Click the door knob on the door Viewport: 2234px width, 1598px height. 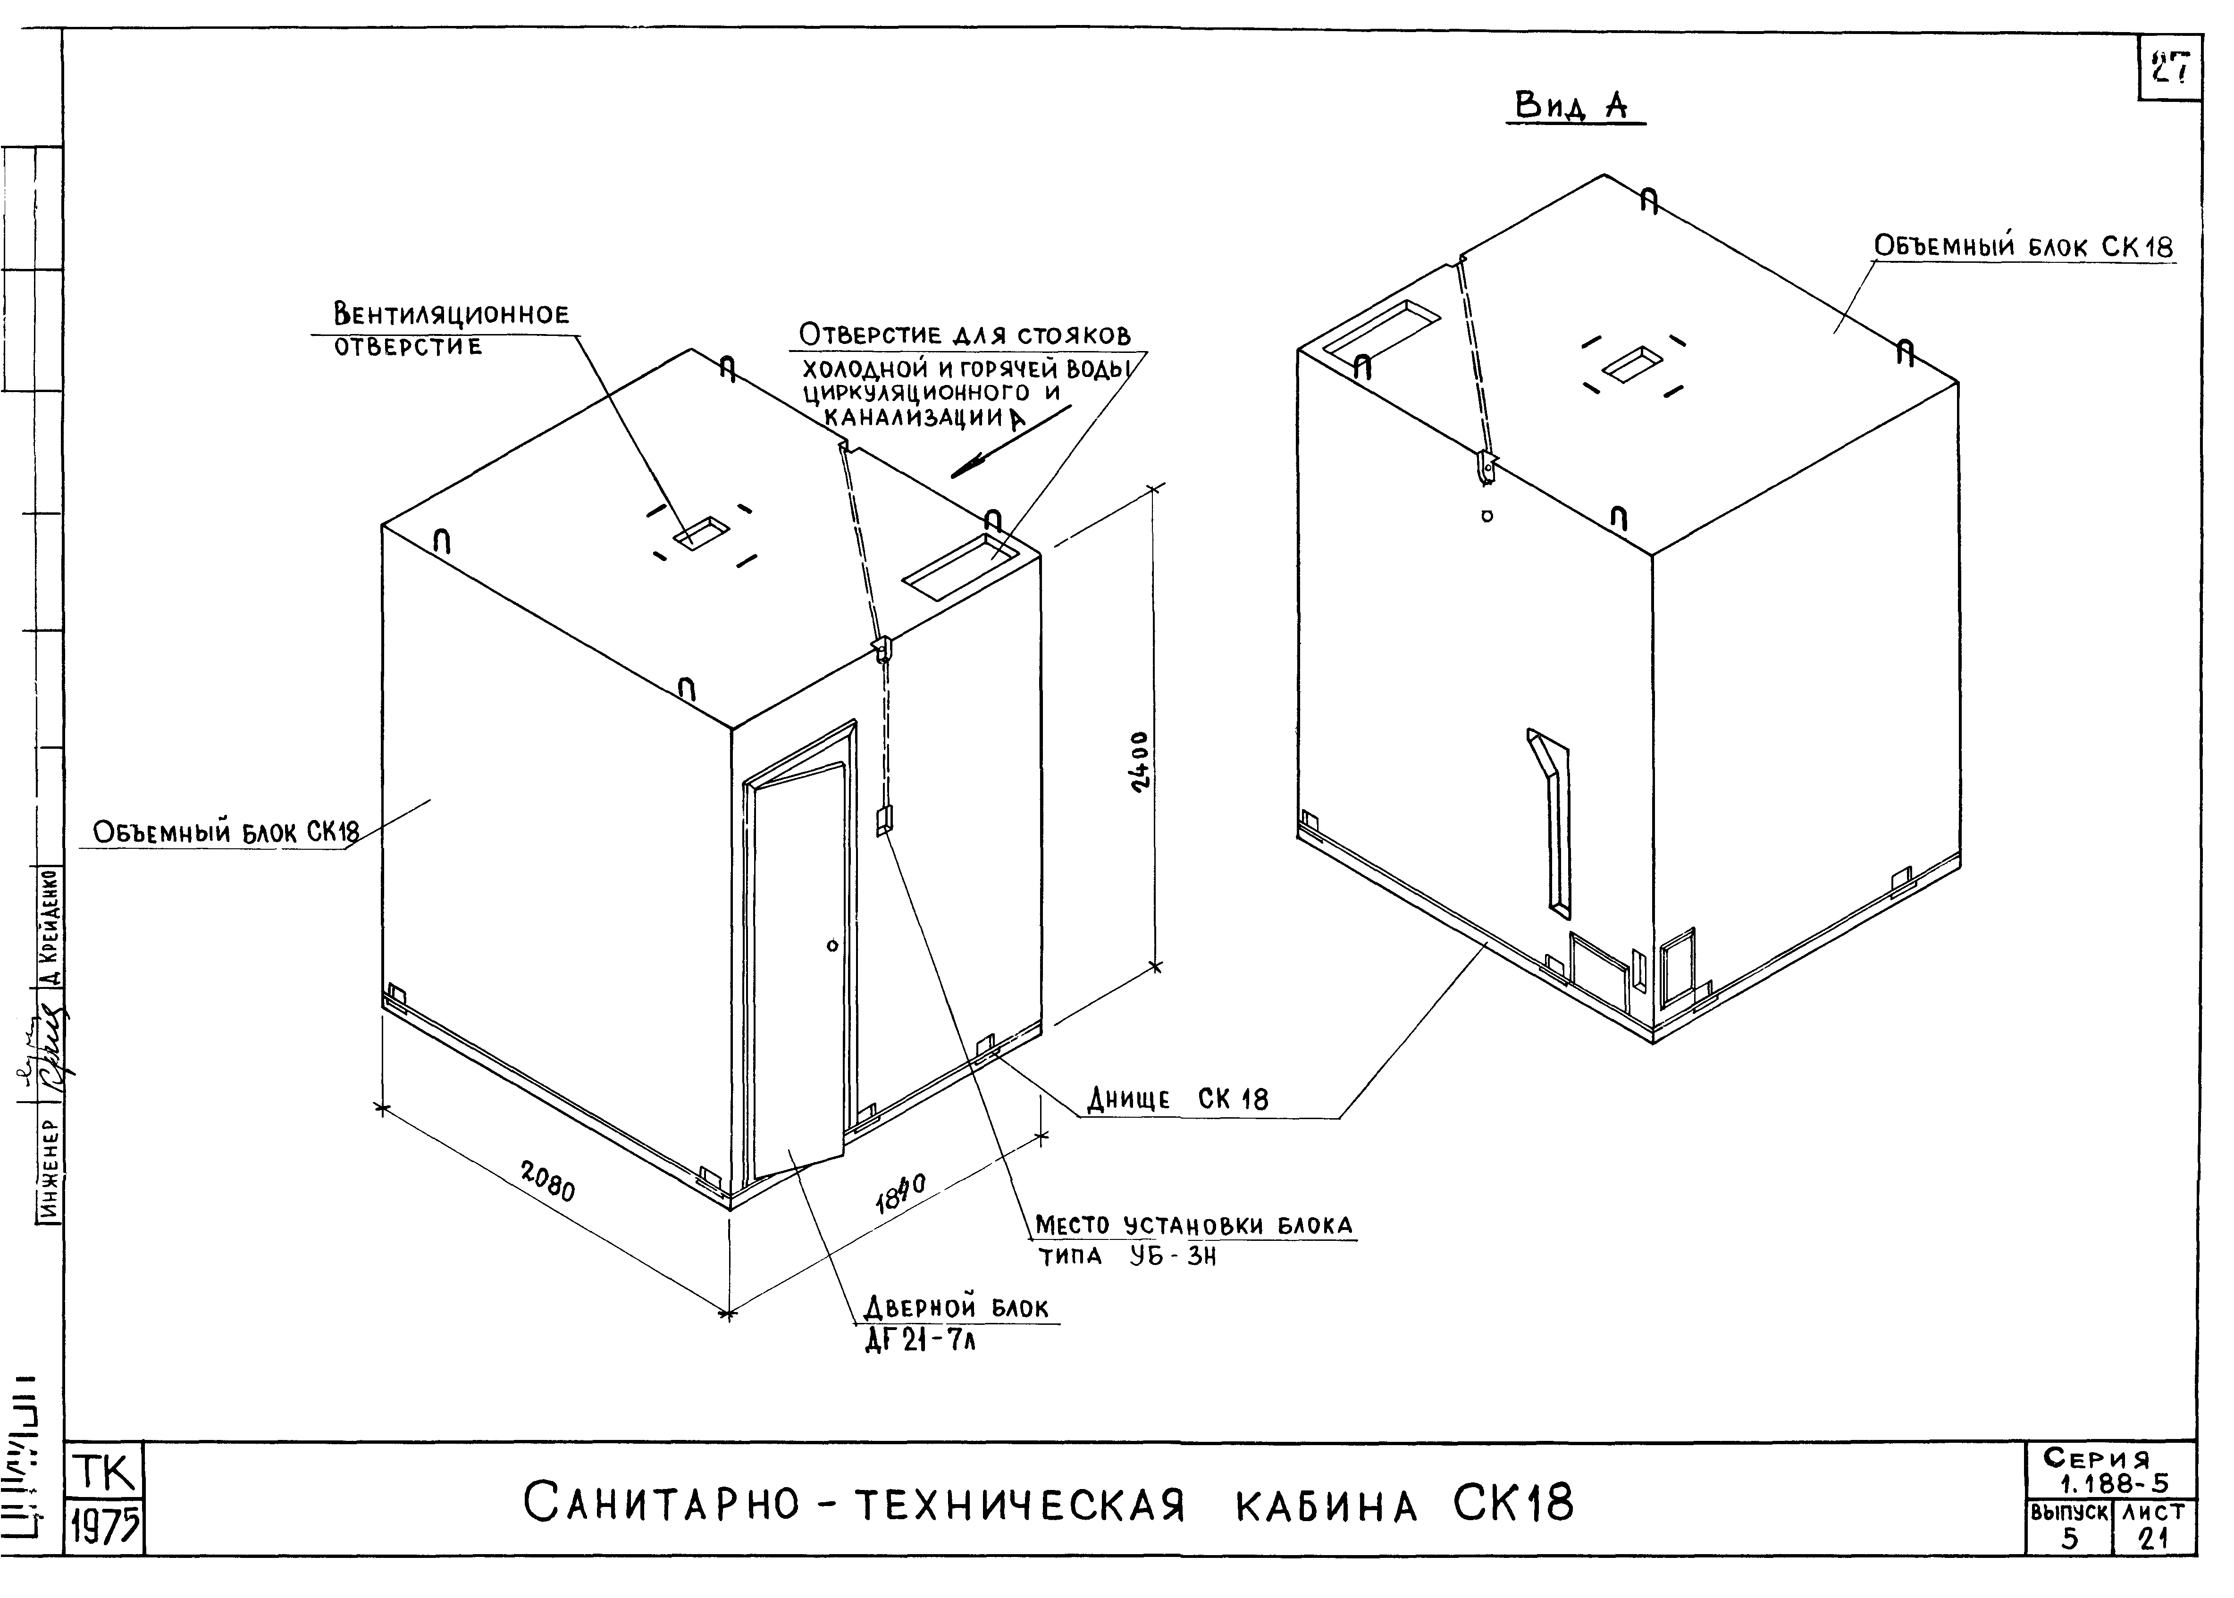[x=831, y=945]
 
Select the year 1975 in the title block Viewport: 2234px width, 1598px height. [x=104, y=1528]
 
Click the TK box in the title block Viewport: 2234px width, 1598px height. [x=104, y=1473]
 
